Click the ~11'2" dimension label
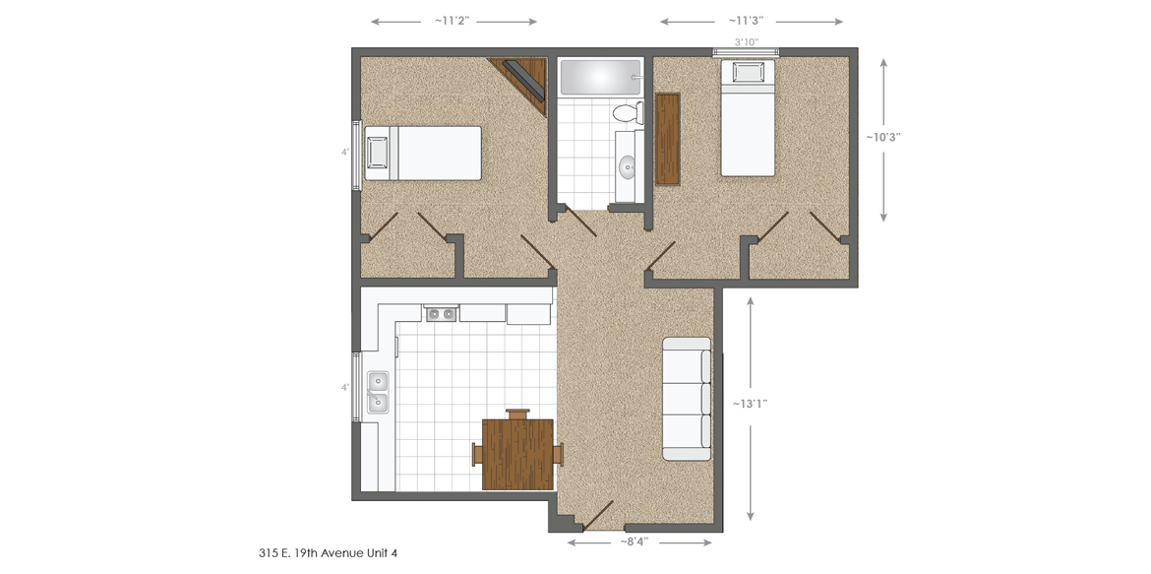[454, 21]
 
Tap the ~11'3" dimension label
[751, 21]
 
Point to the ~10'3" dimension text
[882, 138]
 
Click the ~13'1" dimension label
[750, 403]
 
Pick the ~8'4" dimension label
[633, 542]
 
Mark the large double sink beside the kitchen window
[377, 392]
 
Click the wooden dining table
[517, 454]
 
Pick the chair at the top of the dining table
[517, 414]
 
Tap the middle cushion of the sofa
[687, 399]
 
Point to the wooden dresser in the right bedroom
[668, 139]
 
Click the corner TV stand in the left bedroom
[526, 78]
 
